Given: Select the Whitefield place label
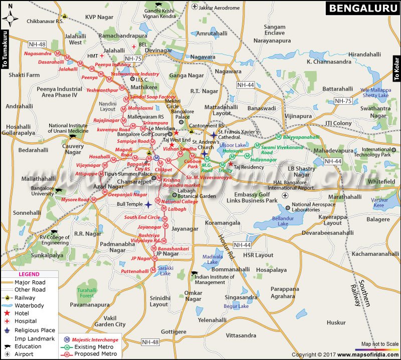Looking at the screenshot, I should (x=381, y=182).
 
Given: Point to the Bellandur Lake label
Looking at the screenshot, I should (x=276, y=221).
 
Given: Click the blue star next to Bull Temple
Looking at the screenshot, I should (x=148, y=205).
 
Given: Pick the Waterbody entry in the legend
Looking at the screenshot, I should (x=29, y=305).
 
